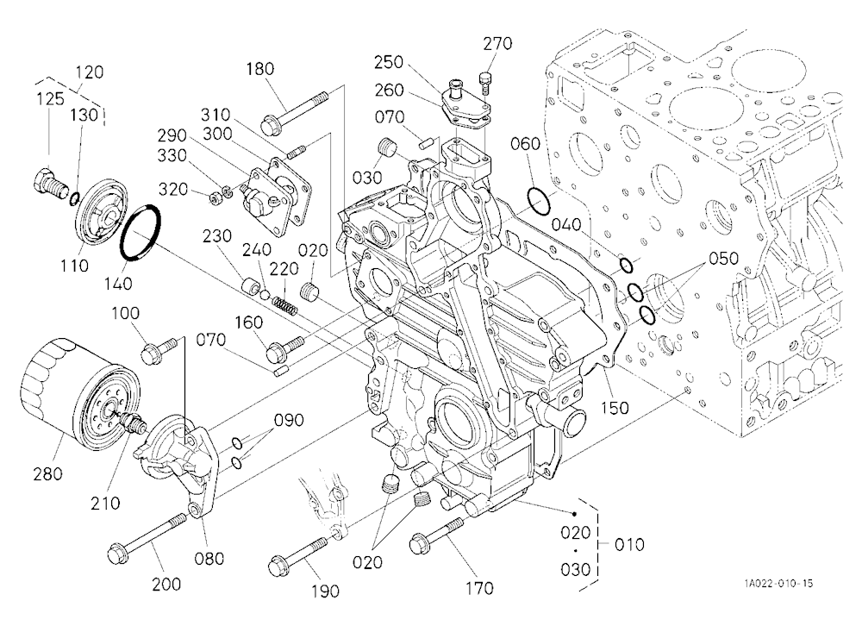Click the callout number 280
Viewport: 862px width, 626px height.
(47, 473)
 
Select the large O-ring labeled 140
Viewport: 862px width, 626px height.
(141, 232)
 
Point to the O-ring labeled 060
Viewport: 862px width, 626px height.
(539, 201)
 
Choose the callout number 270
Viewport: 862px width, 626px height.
(497, 43)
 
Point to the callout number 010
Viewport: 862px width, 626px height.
(629, 545)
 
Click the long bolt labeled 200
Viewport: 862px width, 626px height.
(148, 535)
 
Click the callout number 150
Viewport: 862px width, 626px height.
(614, 408)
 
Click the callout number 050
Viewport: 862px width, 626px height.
(723, 258)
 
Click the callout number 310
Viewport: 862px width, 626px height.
(215, 115)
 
